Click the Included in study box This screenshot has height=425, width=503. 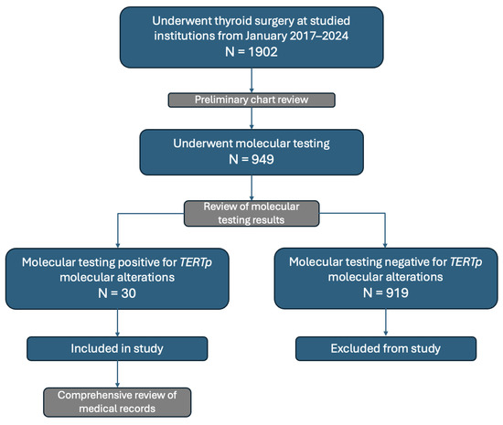tap(119, 347)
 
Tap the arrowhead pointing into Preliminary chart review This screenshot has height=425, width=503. tap(251, 90)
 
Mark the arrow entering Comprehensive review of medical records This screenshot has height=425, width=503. tap(119, 384)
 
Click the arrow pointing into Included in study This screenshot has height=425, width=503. tap(119, 334)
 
